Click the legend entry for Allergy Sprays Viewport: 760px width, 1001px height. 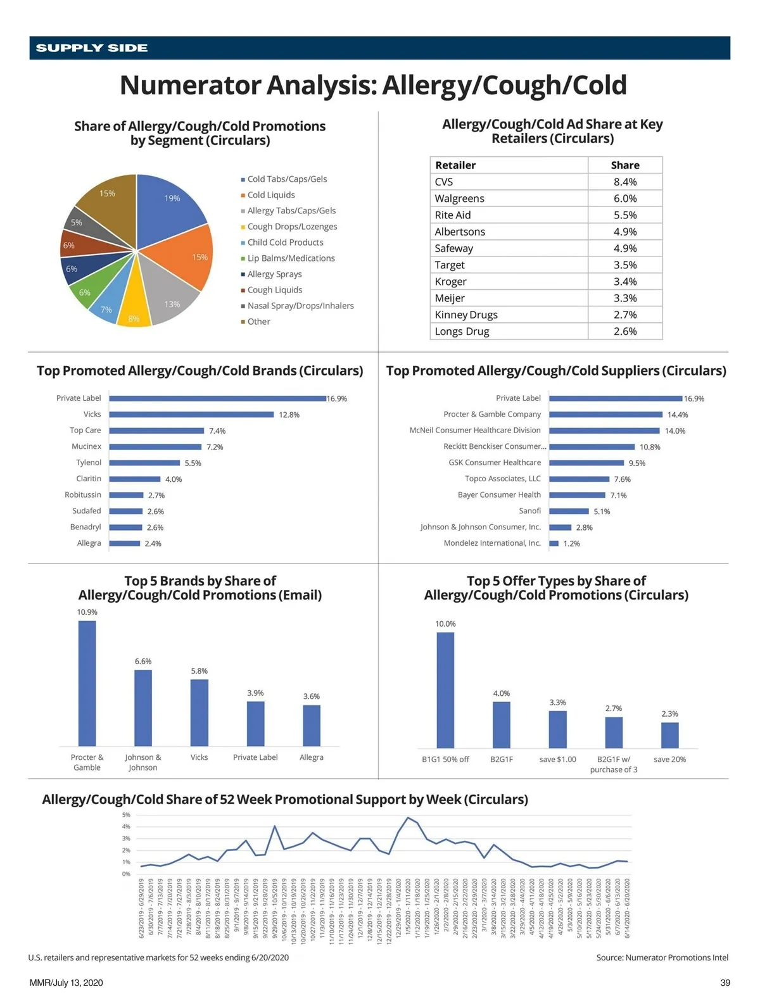point(274,274)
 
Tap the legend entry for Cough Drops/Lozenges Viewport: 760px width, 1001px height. point(292,227)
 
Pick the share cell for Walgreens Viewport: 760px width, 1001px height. point(625,199)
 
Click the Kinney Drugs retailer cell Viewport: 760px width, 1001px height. point(466,315)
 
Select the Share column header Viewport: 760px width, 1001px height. point(625,165)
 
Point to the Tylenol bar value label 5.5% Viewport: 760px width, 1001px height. point(193,463)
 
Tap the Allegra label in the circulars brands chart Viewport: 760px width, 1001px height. point(89,543)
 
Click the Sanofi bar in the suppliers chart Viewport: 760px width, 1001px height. point(569,511)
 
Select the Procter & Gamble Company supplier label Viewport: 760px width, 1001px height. point(492,415)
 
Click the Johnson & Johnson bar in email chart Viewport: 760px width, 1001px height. point(143,708)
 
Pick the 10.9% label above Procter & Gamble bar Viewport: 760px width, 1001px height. point(87,612)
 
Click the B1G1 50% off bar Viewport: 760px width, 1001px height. point(445,690)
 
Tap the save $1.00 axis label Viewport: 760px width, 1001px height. point(557,759)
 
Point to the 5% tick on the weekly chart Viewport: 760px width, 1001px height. point(126,815)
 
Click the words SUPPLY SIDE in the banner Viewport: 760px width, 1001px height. point(92,48)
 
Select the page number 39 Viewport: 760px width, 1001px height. point(725,983)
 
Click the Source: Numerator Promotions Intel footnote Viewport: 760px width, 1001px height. point(662,957)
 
